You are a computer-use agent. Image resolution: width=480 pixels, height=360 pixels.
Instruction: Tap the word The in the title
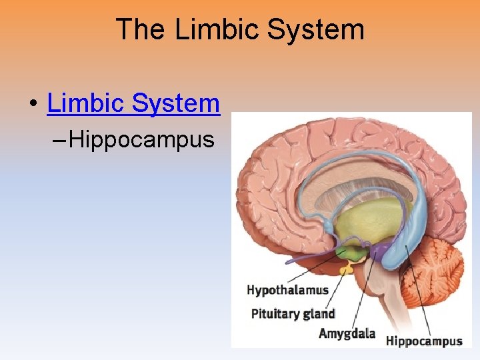click(x=141, y=30)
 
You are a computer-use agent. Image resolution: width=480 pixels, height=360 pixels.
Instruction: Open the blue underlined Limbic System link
click(x=133, y=103)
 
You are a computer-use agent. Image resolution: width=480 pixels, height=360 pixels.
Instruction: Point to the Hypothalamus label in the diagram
click(x=287, y=289)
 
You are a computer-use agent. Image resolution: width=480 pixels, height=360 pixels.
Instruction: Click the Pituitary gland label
click(x=293, y=313)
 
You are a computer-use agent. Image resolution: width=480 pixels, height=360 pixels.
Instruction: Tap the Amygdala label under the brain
click(x=347, y=333)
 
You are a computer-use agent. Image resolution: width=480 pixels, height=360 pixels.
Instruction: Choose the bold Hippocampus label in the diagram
click(x=424, y=341)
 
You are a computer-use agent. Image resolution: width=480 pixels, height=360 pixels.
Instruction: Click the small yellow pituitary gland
click(x=345, y=269)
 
